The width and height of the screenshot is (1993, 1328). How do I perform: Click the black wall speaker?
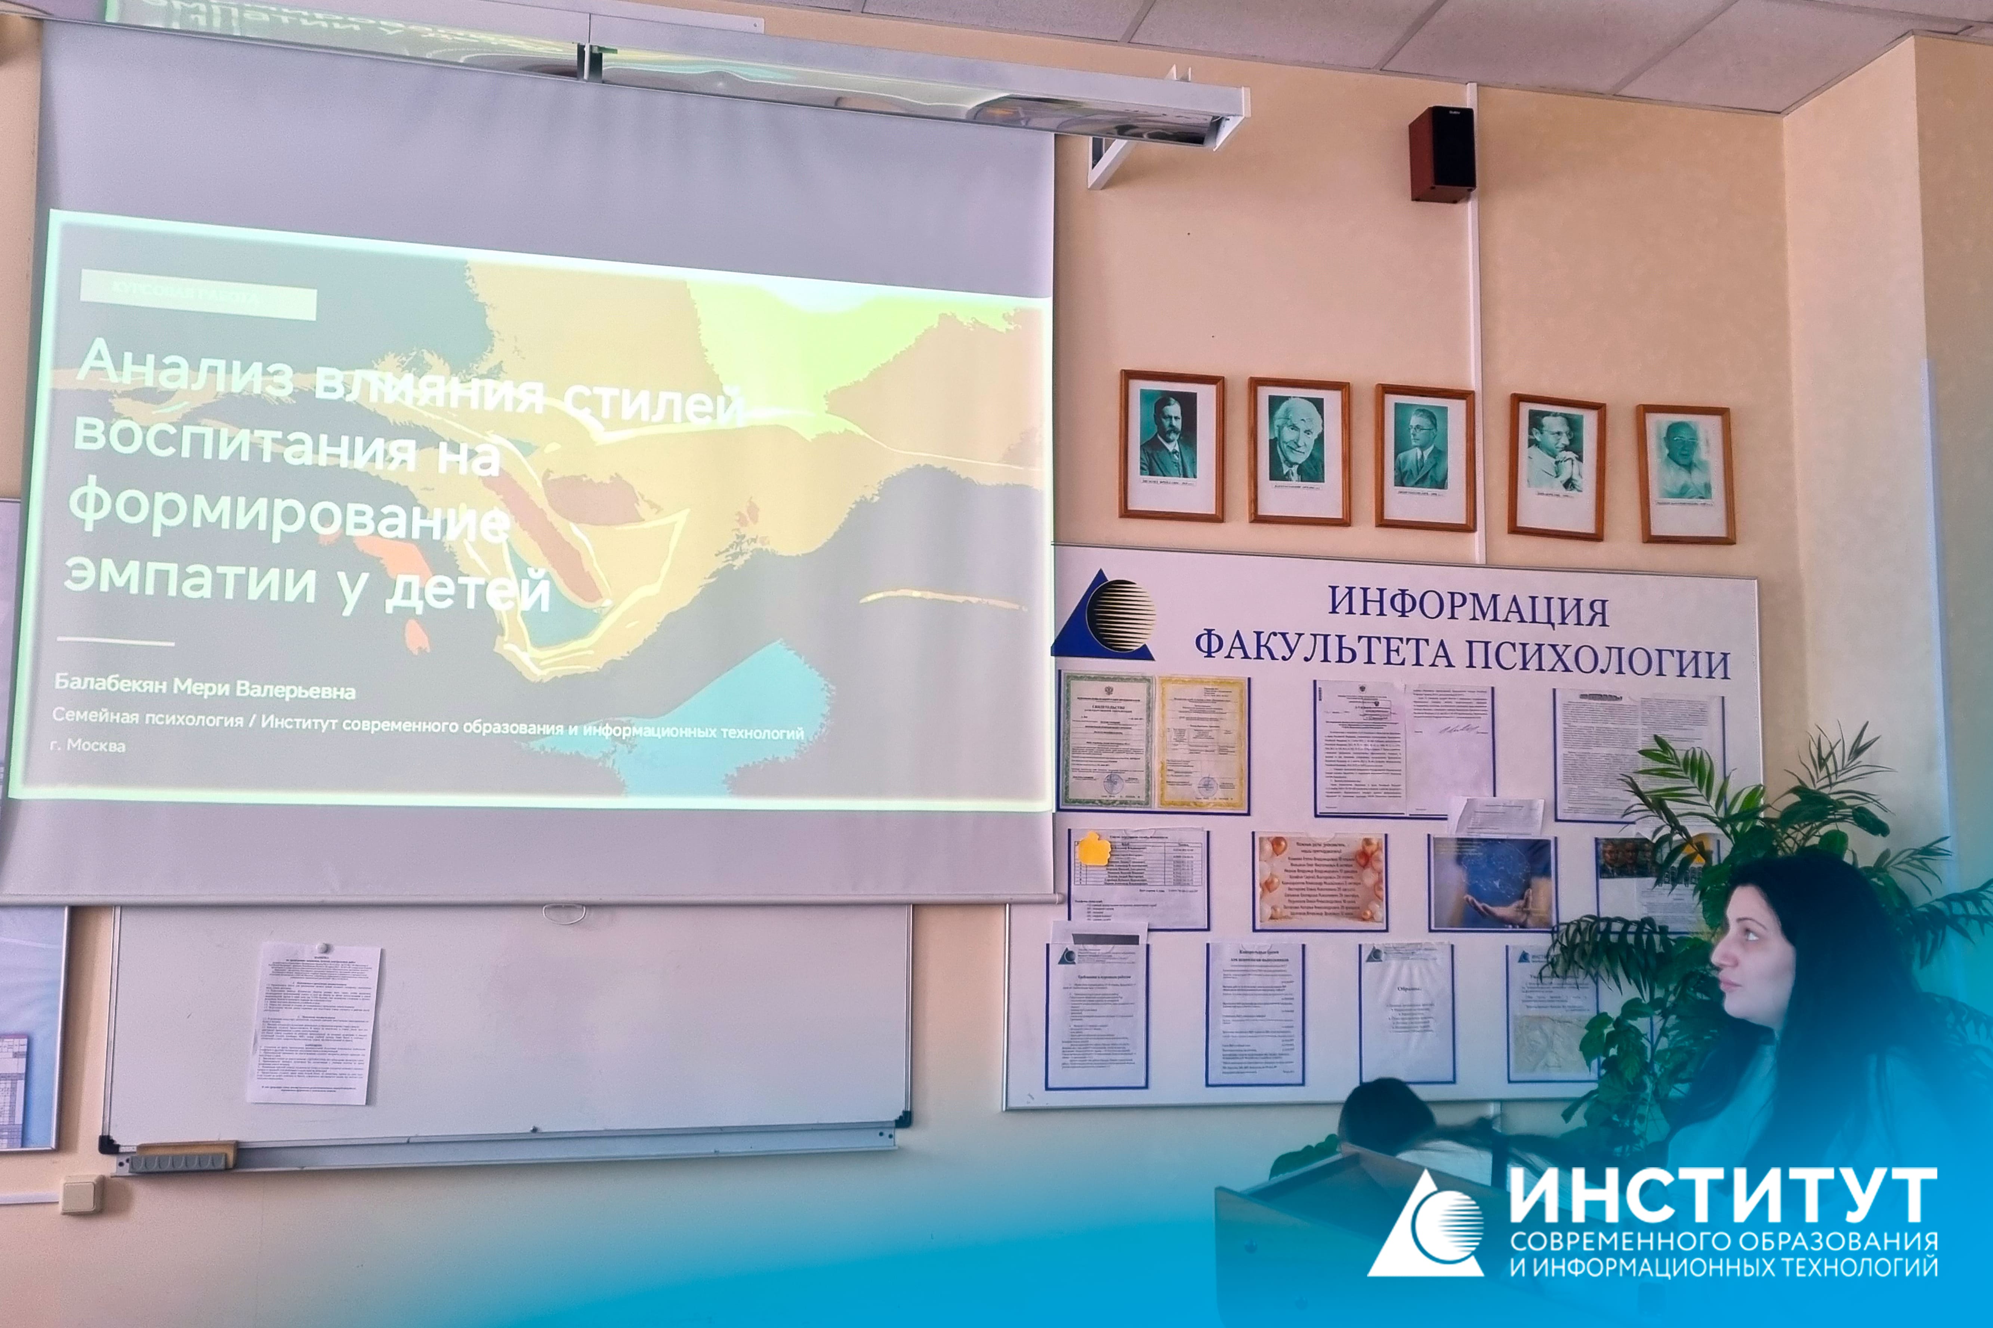click(x=1442, y=153)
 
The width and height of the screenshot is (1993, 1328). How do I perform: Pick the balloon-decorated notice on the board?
click(x=1320, y=881)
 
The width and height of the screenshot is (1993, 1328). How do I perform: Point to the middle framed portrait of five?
click(x=1425, y=457)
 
